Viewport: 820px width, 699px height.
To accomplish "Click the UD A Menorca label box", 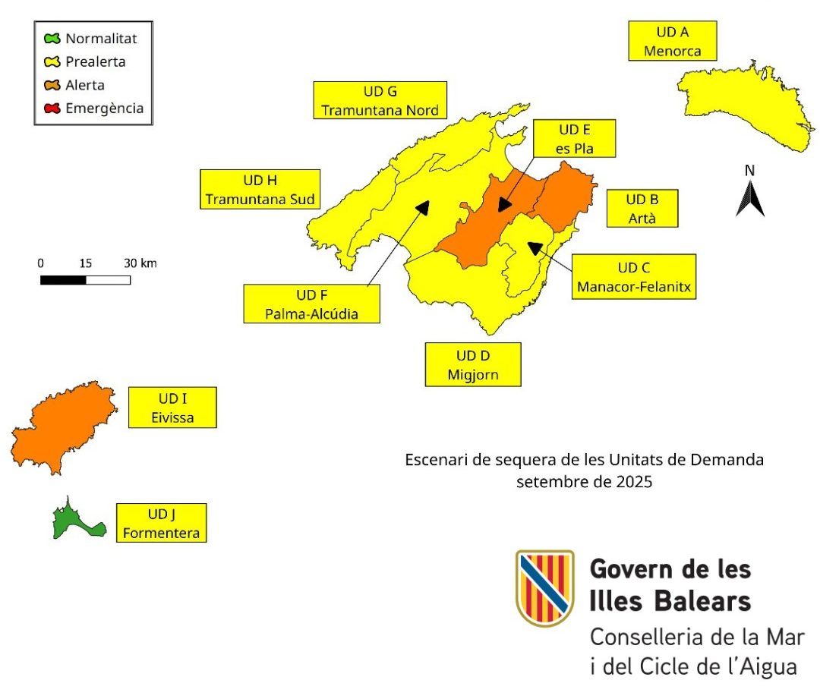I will point(673,41).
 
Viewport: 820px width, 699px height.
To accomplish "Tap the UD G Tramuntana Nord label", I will point(380,101).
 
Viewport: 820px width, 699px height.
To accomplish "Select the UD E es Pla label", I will point(573,139).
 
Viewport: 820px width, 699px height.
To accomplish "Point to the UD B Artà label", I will point(642,209).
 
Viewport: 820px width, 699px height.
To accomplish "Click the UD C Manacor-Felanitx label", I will point(634,277).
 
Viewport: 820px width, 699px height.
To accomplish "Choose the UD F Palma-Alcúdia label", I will point(311,304).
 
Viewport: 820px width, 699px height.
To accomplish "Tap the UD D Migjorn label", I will point(473,365).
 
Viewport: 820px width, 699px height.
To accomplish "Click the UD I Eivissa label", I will point(172,408).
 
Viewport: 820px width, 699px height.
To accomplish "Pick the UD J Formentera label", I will point(162,523).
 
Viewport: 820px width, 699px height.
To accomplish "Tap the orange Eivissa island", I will point(65,429).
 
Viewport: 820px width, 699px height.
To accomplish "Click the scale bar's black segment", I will point(63,280).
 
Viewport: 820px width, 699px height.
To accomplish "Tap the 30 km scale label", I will point(140,263).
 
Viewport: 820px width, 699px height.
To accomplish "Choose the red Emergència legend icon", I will point(52,109).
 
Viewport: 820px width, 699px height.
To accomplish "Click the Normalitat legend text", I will point(101,38).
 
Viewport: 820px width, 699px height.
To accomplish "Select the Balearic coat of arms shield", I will point(544,588).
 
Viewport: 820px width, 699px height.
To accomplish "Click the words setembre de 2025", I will point(584,481).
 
